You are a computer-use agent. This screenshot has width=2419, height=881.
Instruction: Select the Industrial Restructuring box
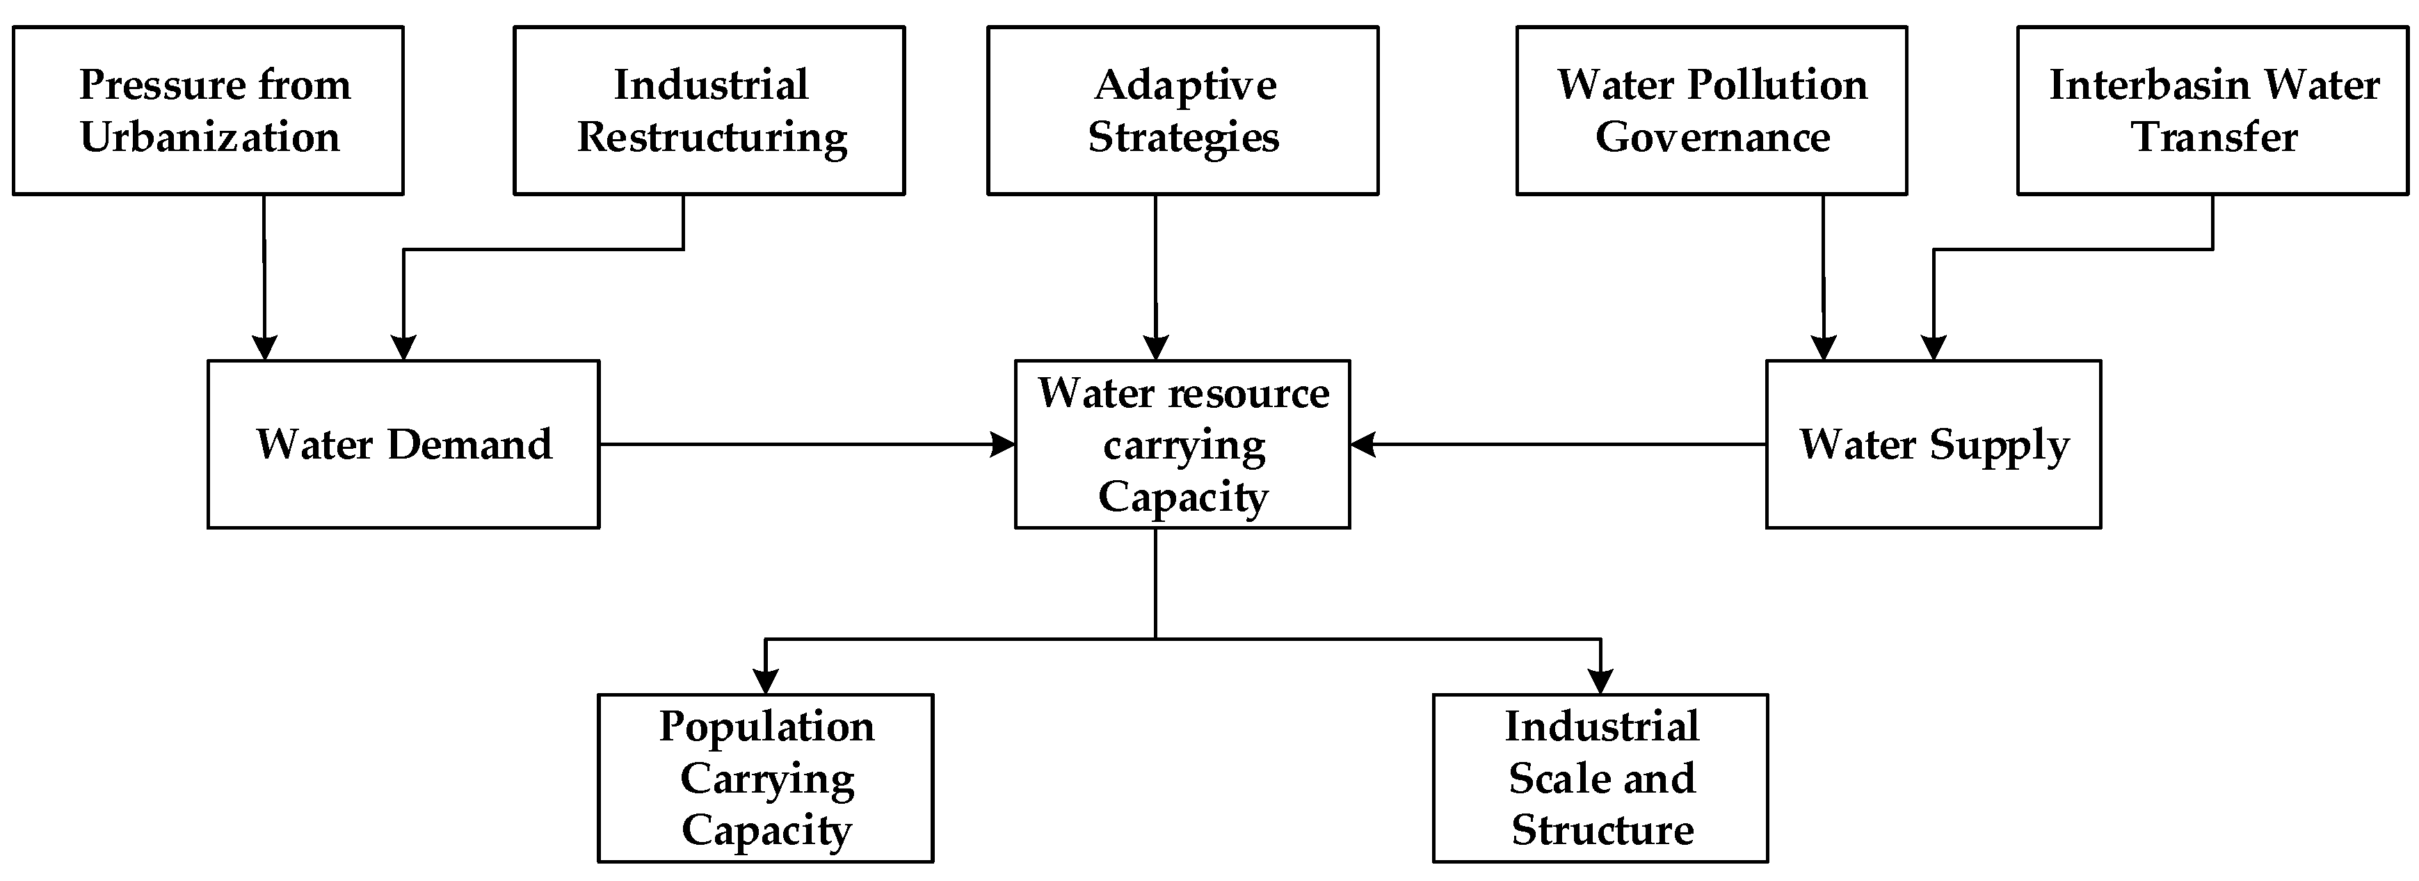click(x=709, y=111)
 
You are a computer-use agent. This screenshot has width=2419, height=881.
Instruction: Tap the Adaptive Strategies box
click(x=1182, y=111)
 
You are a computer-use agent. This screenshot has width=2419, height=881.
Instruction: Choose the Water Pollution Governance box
click(x=1711, y=111)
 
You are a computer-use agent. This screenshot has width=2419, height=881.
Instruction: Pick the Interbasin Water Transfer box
click(x=2212, y=111)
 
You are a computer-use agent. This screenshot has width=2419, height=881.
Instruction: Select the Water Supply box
click(x=1933, y=444)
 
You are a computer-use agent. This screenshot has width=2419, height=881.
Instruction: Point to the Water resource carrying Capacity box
click(x=1182, y=444)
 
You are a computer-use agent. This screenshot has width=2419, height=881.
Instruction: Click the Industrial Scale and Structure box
click(x=1600, y=778)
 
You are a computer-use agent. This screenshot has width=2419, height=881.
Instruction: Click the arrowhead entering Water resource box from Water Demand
click(x=1003, y=444)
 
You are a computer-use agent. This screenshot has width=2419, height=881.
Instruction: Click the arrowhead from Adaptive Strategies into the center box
click(x=1156, y=347)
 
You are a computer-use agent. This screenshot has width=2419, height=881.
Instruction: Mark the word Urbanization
click(x=209, y=137)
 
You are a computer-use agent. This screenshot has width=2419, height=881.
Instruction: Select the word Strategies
click(x=1183, y=137)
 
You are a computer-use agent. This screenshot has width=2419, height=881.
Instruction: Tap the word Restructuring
click(x=712, y=137)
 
